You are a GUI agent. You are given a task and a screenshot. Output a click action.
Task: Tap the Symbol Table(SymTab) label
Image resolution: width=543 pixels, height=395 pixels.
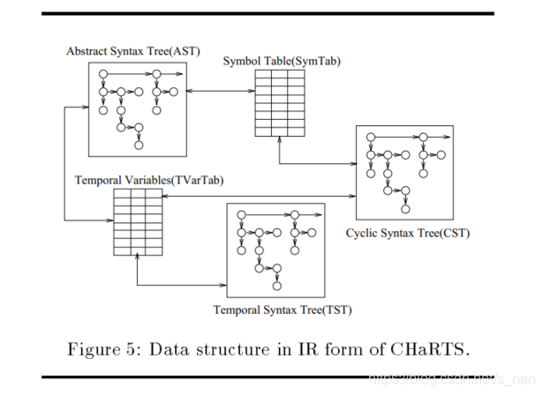(x=281, y=61)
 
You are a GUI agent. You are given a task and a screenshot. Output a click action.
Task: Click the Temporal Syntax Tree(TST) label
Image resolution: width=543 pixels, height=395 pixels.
(x=275, y=309)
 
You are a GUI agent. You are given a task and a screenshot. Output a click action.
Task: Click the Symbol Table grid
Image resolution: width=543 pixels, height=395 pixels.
(x=281, y=103)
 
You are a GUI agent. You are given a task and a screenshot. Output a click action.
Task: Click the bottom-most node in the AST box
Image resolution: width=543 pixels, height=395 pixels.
(x=139, y=144)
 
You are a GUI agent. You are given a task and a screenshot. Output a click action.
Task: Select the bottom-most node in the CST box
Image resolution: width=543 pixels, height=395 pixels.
(x=405, y=209)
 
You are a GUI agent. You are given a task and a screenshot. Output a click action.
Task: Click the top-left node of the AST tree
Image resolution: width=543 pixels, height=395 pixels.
(x=103, y=74)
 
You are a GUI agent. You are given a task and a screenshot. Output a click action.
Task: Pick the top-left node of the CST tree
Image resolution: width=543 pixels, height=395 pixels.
(x=372, y=137)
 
